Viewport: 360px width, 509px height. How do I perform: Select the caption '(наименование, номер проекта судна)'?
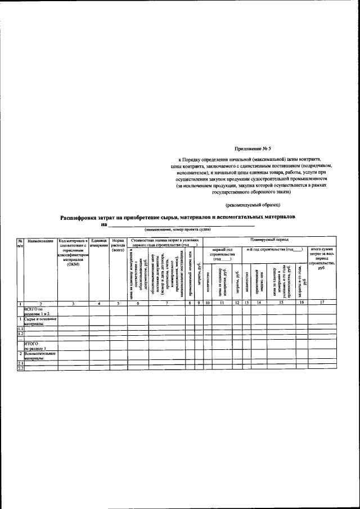(x=177, y=229)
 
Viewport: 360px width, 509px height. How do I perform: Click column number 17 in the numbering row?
(x=321, y=304)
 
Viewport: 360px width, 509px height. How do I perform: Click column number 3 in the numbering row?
(x=73, y=304)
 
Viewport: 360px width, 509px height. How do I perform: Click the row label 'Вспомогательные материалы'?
(x=40, y=355)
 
